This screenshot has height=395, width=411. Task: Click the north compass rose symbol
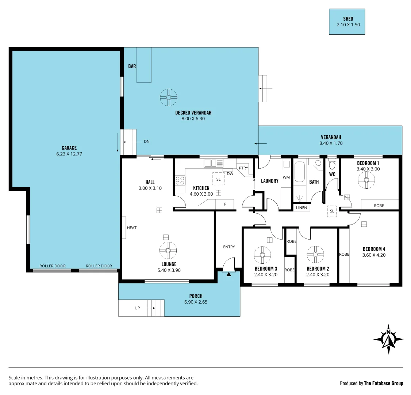click(388, 339)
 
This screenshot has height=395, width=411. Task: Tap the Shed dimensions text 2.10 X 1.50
click(348, 25)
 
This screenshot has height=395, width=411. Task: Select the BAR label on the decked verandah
click(132, 66)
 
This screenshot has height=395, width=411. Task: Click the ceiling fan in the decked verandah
click(169, 97)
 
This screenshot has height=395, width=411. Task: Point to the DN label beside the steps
click(146, 142)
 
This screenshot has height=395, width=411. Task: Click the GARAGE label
click(69, 148)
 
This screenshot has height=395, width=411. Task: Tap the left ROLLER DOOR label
click(53, 266)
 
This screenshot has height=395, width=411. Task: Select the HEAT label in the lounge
click(132, 228)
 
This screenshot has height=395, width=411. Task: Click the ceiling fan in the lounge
click(168, 251)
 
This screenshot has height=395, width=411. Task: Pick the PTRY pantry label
click(243, 168)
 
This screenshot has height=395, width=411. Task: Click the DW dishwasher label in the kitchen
click(230, 174)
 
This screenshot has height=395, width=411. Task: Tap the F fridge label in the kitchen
click(225, 204)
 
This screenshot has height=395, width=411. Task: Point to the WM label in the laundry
click(286, 177)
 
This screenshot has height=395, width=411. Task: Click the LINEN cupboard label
click(301, 208)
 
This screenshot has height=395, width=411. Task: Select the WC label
click(332, 174)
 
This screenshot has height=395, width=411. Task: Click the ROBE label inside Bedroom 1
click(379, 206)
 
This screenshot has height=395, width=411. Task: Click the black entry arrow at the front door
click(229, 274)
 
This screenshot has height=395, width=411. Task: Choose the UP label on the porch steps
click(137, 308)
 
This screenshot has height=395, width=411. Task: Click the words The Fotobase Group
click(384, 383)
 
